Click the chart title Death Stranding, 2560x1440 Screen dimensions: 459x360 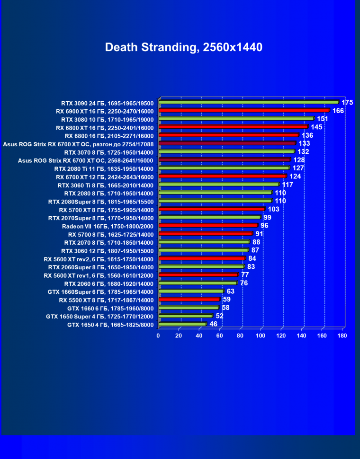point(183,47)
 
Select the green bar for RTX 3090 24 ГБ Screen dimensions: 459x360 point(249,102)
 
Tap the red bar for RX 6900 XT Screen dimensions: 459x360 point(244,110)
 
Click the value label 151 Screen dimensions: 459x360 point(323,119)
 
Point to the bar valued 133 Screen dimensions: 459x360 point(227,143)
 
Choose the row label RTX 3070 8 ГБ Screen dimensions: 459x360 point(108,152)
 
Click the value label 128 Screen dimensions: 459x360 point(299,160)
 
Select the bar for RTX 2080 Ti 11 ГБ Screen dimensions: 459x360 point(224,168)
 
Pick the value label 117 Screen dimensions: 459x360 point(288,185)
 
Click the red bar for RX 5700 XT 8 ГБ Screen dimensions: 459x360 point(212,209)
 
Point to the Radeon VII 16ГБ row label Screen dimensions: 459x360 point(108,226)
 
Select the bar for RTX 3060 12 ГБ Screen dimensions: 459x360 point(204,250)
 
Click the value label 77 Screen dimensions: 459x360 point(245,274)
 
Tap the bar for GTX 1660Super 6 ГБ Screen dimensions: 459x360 point(191,291)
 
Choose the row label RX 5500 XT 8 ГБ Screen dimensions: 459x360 point(106,300)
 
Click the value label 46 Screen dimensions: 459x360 point(214,325)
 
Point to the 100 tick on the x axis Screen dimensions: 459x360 point(261,335)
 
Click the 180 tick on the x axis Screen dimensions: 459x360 point(342,335)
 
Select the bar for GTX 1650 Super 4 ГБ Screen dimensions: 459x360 point(186,316)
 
